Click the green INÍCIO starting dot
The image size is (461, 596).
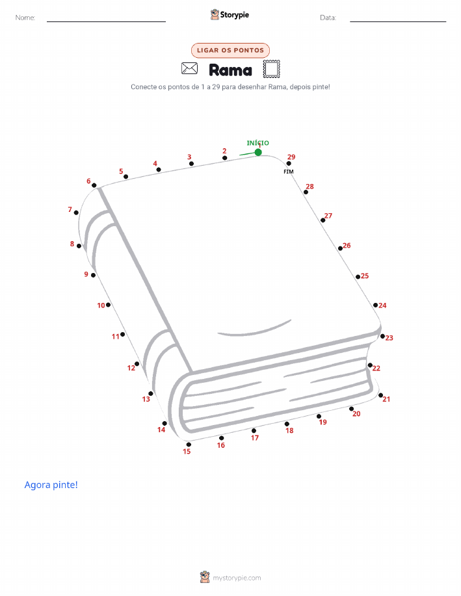pyautogui.click(x=258, y=153)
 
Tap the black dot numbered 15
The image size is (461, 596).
pyautogui.click(x=189, y=445)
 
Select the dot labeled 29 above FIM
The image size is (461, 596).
pyautogui.click(x=289, y=163)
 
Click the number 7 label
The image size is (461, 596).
pyautogui.click(x=70, y=209)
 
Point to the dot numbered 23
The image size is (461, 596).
pyautogui.click(x=382, y=336)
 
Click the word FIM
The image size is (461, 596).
pyautogui.click(x=289, y=172)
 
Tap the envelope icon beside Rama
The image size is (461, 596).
pyautogui.click(x=189, y=68)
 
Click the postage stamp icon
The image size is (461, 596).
pyautogui.click(x=272, y=69)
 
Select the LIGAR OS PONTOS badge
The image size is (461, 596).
pyautogui.click(x=230, y=50)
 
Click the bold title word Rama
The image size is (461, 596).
pyautogui.click(x=230, y=70)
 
